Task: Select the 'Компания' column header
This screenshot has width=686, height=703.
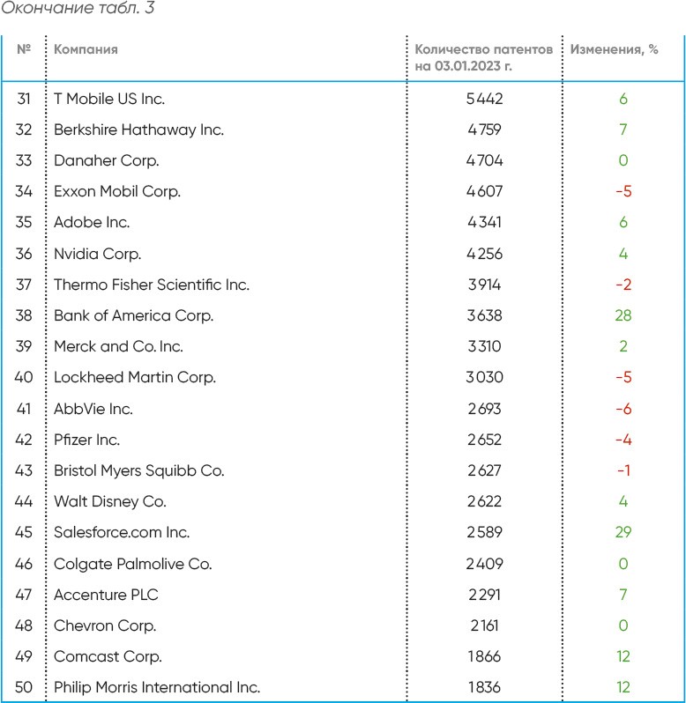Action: point(86,49)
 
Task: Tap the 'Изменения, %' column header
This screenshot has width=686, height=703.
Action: point(614,49)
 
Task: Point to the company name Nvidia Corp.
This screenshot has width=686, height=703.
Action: point(97,254)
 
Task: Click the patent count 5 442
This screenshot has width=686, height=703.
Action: point(484,99)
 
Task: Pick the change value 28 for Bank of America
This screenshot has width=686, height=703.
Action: point(623,315)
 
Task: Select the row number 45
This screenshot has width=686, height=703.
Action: point(24,532)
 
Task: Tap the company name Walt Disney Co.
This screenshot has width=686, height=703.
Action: point(110,501)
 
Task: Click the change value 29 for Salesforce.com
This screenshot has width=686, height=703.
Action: point(623,532)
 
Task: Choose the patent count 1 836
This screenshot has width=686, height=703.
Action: point(484,687)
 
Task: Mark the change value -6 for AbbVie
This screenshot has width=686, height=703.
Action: point(623,409)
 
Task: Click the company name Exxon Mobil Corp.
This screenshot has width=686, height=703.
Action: point(116,191)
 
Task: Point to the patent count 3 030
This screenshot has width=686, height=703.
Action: point(484,377)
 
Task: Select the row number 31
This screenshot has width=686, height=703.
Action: point(24,99)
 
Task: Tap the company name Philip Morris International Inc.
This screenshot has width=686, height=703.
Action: point(157,687)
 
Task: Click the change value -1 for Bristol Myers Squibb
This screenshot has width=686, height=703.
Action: point(623,470)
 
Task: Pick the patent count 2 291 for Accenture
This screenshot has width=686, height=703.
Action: point(484,595)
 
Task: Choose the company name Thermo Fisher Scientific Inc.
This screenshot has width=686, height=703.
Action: point(152,285)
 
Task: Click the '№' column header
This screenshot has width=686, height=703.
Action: point(24,49)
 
